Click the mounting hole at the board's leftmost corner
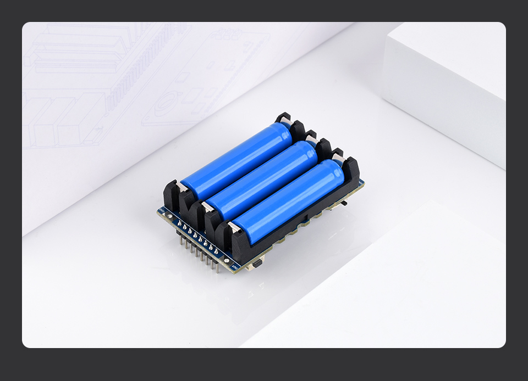pyautogui.click(x=161, y=211)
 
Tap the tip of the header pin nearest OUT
pyautogui.click(x=217, y=271)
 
